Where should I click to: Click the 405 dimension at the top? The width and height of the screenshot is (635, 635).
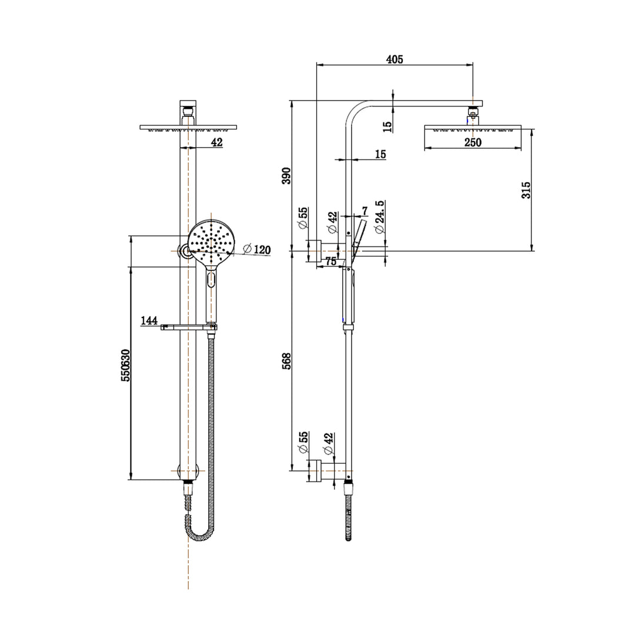[x=394, y=59]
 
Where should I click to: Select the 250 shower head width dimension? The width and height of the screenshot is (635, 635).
[x=472, y=142]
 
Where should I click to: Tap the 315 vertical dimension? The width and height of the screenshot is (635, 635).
[x=526, y=190]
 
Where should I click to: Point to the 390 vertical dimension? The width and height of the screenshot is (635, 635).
[x=286, y=175]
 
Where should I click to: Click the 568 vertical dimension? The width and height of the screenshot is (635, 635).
[x=286, y=360]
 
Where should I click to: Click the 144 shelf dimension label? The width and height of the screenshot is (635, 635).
[x=149, y=320]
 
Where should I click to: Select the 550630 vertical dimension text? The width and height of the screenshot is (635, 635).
[x=125, y=366]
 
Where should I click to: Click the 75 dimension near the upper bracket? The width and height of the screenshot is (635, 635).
[x=330, y=262]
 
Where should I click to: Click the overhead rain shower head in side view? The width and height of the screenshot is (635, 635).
[x=472, y=128]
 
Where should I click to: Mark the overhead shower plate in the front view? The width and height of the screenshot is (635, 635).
[x=188, y=127]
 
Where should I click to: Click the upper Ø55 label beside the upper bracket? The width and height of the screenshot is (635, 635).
[x=303, y=218]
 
